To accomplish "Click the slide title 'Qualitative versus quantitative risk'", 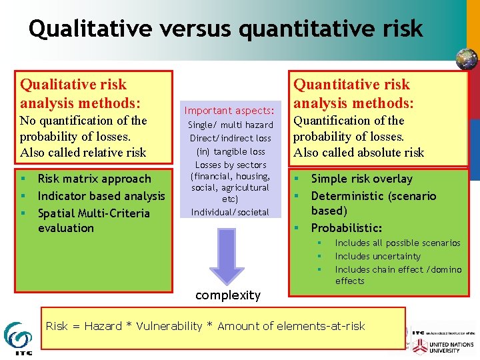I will tap(225, 29).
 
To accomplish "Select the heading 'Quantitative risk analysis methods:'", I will tap(353, 93).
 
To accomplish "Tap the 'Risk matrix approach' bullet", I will tap(94, 179).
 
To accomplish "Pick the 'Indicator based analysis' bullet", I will tap(101, 196).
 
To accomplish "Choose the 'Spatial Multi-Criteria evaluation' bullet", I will tap(93, 221).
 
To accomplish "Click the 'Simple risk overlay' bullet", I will tap(361, 179).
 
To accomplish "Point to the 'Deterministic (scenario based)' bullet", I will tap(373, 203).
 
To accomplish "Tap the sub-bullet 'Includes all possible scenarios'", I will tap(397, 243).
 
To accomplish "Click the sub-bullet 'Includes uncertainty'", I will tap(377, 257).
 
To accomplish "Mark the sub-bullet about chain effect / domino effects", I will tap(397, 275).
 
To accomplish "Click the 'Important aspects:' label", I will tap(229, 111).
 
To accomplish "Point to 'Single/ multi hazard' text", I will tap(231, 125).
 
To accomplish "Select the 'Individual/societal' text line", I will tap(231, 212).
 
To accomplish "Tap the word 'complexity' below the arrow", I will tap(228, 295).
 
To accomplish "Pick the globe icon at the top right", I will tap(466, 59).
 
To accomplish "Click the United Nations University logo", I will tap(443, 347).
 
